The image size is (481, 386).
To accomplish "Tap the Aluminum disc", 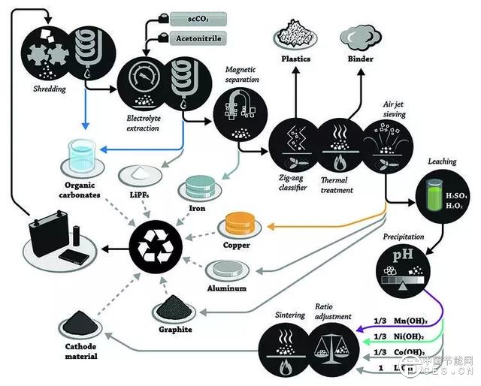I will click(226, 269).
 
